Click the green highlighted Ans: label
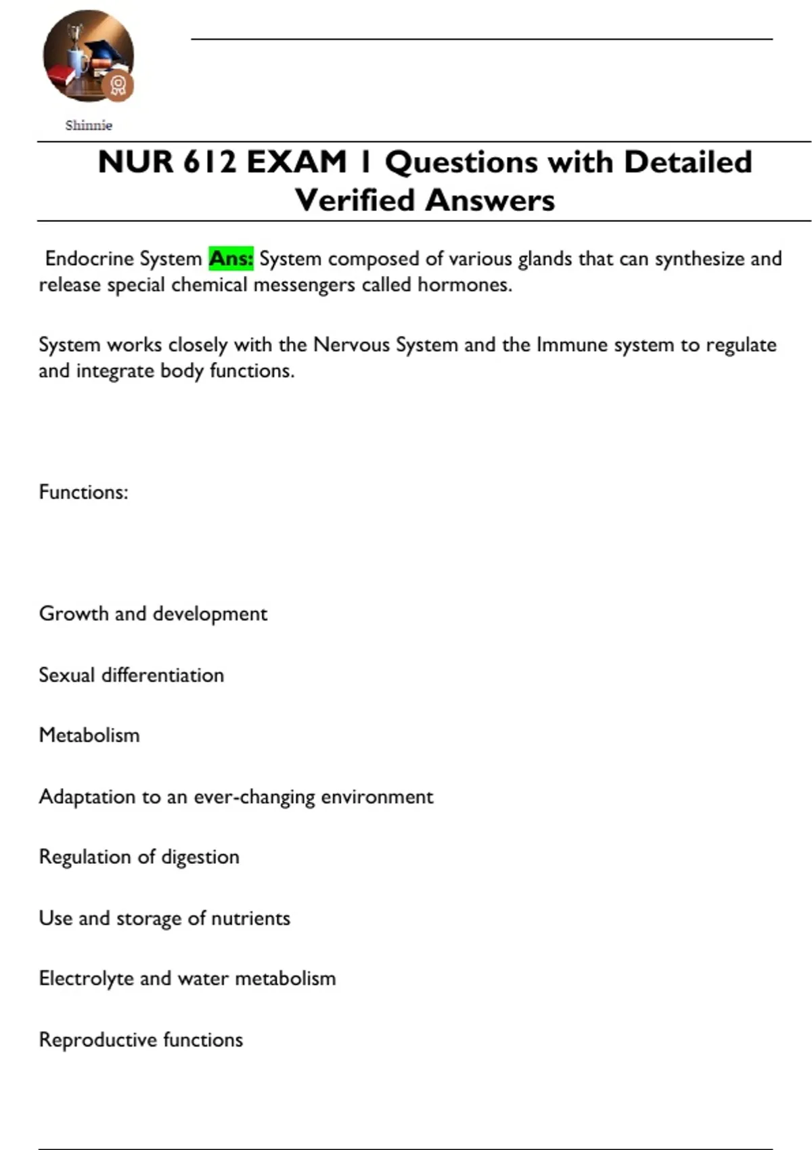(x=231, y=258)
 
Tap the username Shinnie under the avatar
(x=89, y=125)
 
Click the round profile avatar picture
(x=87, y=54)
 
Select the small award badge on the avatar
(x=118, y=86)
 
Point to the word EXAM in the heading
(x=296, y=162)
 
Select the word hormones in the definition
(x=464, y=285)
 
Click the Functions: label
(x=83, y=492)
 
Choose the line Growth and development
(x=153, y=614)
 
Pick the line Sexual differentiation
(x=131, y=675)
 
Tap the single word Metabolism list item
(x=89, y=735)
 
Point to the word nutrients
(x=251, y=918)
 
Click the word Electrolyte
(x=86, y=979)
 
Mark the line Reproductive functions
(x=141, y=1040)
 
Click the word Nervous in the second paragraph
(x=351, y=345)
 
